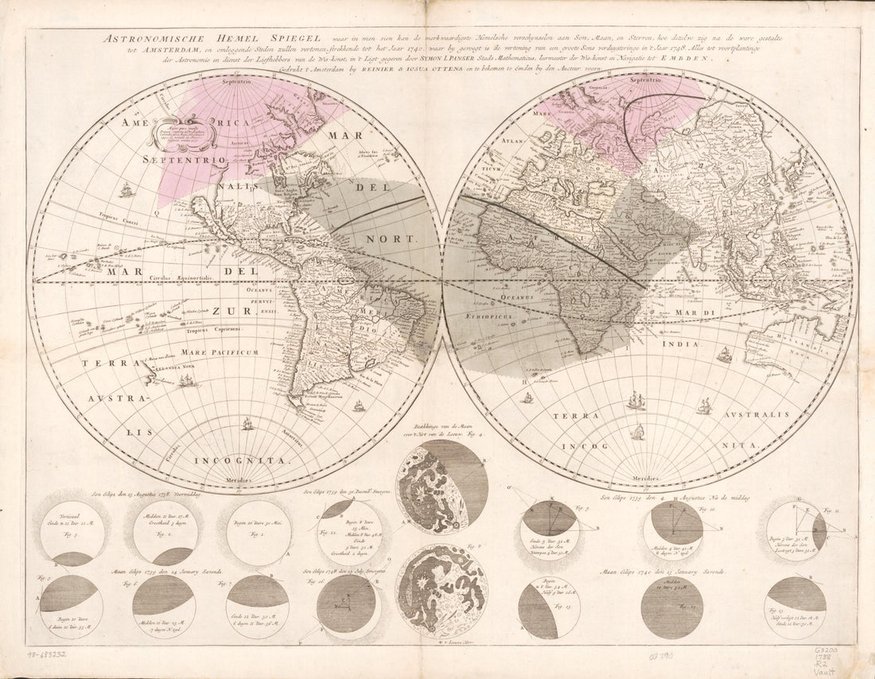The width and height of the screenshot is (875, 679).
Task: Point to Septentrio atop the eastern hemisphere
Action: pyautogui.click(x=646, y=80)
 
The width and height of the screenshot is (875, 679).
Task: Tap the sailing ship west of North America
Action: pyautogui.click(x=126, y=190)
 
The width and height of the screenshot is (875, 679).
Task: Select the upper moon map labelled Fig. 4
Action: pyautogui.click(x=441, y=487)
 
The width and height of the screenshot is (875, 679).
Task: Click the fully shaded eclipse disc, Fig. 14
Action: pyautogui.click(x=671, y=607)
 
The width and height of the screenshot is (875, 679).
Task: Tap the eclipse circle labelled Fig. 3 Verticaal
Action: pyautogui.click(x=72, y=533)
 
